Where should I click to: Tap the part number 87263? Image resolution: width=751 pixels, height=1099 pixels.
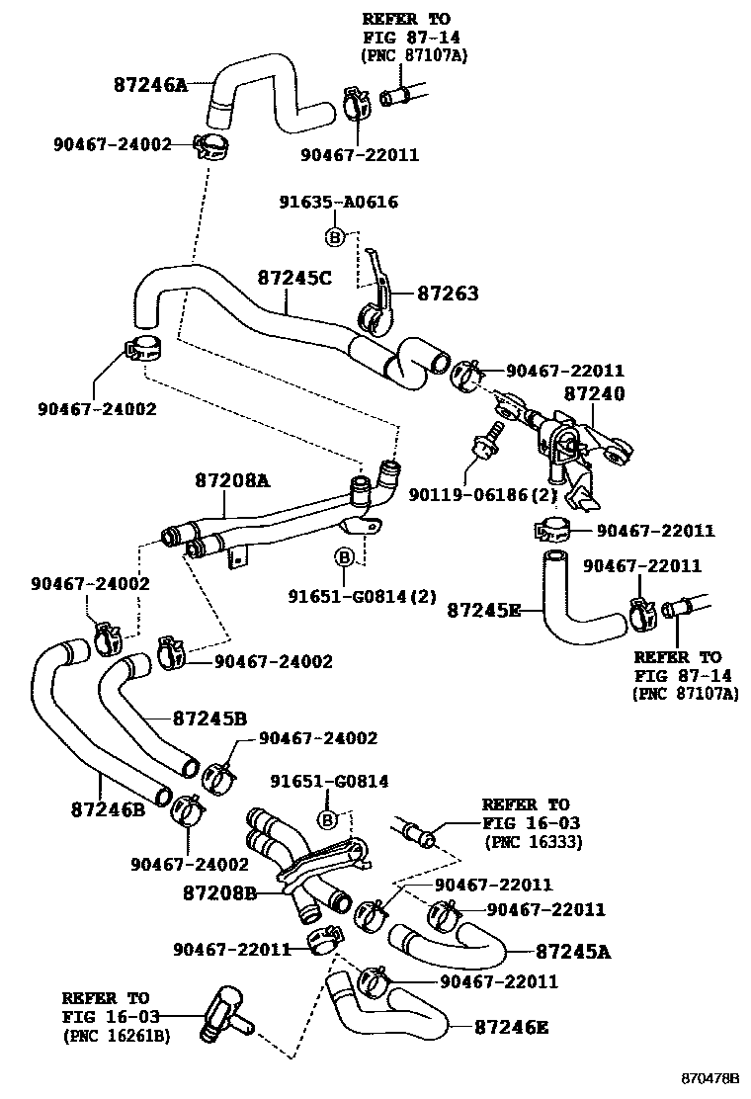[x=447, y=294]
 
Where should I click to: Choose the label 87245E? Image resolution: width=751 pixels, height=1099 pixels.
[x=483, y=609]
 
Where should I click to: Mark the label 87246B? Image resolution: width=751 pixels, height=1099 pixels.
[x=108, y=808]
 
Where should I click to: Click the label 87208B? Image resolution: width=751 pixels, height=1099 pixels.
[x=220, y=893]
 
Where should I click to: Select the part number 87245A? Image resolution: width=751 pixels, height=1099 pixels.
[x=573, y=952]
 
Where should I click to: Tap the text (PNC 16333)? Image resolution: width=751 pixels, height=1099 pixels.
[x=533, y=841]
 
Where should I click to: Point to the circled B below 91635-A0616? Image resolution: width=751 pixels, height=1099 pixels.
[x=334, y=237]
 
